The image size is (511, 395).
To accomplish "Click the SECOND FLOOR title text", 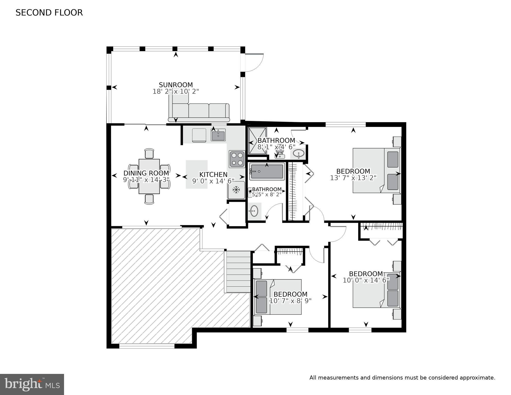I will pyautogui.click(x=49, y=13).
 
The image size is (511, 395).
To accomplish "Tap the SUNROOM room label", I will pyautogui.click(x=176, y=85).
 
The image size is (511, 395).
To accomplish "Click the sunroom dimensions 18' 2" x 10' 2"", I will pyautogui.click(x=176, y=92).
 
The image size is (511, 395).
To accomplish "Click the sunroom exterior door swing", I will pyautogui.click(x=254, y=63).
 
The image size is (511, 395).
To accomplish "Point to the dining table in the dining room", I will pyautogui.click(x=149, y=176).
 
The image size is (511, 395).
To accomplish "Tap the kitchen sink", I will pyautogui.click(x=218, y=135).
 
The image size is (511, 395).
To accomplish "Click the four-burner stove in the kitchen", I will pyautogui.click(x=237, y=159).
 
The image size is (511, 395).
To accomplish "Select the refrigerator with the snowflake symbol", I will pyautogui.click(x=236, y=190).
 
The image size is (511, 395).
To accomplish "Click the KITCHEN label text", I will pyautogui.click(x=213, y=175).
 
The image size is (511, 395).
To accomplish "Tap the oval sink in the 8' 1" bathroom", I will pyautogui.click(x=298, y=154).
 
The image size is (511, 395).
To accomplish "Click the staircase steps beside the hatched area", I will pyautogui.click(x=238, y=271).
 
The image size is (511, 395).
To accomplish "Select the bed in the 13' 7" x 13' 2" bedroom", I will pyautogui.click(x=376, y=170).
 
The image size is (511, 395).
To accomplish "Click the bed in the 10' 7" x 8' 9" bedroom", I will pyautogui.click(x=278, y=297).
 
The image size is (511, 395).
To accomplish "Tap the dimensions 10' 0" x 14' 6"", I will pyautogui.click(x=366, y=280).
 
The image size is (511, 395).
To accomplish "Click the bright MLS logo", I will pyautogui.click(x=32, y=384).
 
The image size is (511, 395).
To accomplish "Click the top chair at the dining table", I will pyautogui.click(x=149, y=154).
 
